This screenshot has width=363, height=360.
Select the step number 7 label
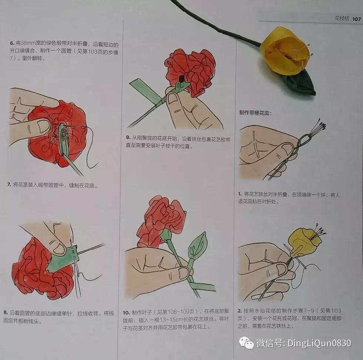pos(9,185)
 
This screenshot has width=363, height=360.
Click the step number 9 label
pos(128,139)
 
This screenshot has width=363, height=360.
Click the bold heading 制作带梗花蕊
pos(255,113)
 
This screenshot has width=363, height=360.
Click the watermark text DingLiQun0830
pos(317,343)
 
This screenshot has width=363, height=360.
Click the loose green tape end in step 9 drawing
pos(140,85)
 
